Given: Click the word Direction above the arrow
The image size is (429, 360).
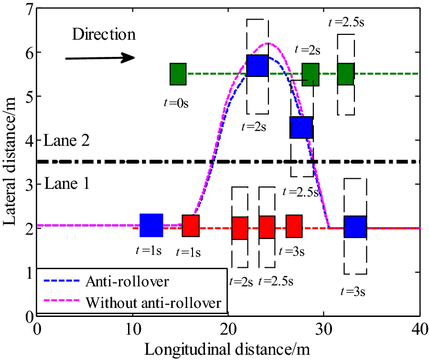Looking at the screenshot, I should click(x=104, y=34).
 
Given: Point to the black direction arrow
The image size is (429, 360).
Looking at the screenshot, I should click(x=100, y=58).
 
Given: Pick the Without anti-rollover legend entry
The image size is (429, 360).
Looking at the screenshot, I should click(x=153, y=302).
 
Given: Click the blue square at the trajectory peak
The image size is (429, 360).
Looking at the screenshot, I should click(x=257, y=65).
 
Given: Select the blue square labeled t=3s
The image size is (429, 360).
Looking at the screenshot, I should click(x=355, y=227).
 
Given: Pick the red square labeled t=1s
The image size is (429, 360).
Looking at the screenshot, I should click(x=191, y=226).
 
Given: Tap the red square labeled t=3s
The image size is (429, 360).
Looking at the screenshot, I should click(x=294, y=226).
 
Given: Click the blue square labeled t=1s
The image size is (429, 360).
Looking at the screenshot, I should click(x=151, y=225).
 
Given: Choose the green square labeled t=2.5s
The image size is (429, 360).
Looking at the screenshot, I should click(x=345, y=74).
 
